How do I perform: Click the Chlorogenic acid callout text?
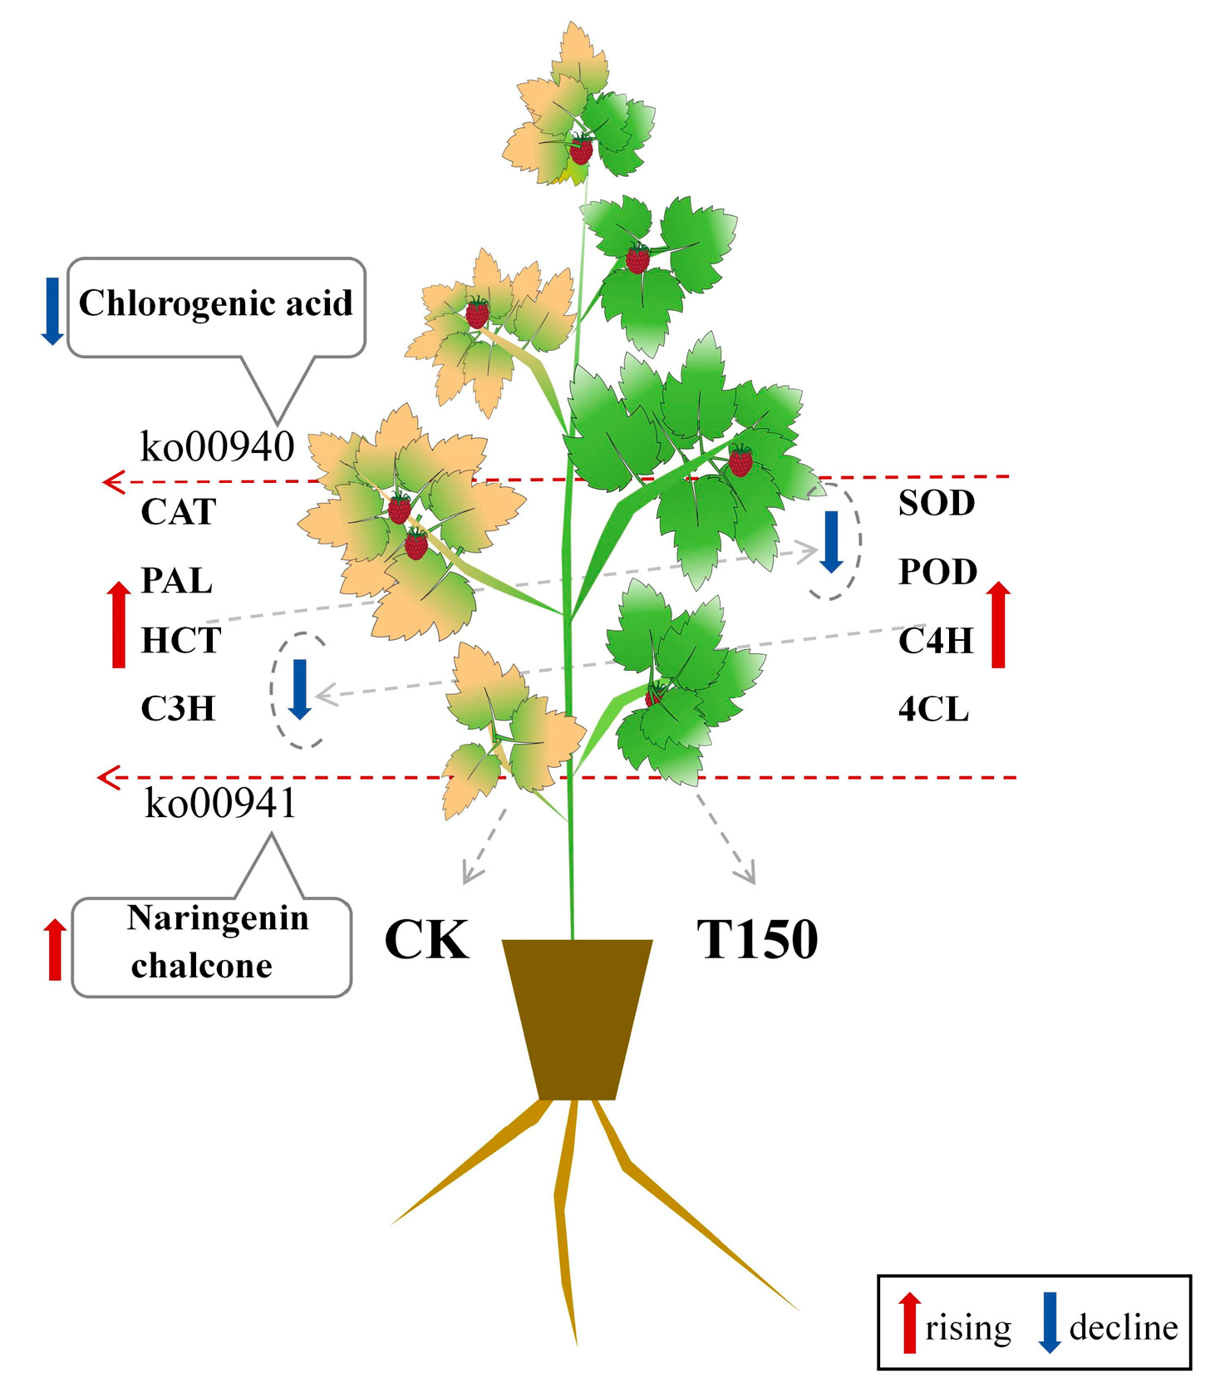coord(215,303)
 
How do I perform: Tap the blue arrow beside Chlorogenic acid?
coord(52,311)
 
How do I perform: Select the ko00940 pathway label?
coord(217,446)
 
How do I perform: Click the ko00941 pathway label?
coord(220,803)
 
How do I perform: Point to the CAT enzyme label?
coord(179,511)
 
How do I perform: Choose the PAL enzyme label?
coord(176,580)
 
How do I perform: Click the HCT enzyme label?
coord(181,641)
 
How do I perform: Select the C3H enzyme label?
coord(178,709)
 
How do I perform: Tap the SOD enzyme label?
coord(937,503)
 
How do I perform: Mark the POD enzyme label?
coord(937,572)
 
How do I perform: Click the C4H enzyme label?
coord(936,641)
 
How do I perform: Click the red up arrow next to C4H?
coord(998,625)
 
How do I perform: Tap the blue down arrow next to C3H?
coord(300,689)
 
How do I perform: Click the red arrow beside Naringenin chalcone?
coord(55,949)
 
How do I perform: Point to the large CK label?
coord(426,940)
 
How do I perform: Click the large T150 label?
coord(757,940)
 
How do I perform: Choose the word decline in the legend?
coord(1123,1327)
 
